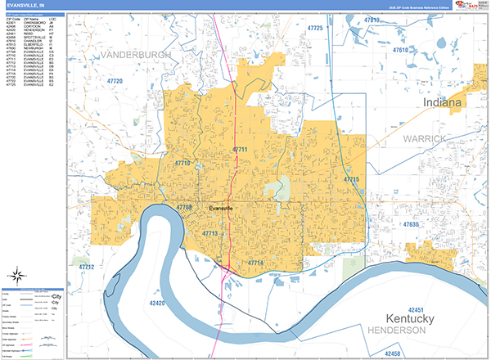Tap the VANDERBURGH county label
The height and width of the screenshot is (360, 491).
click(x=137, y=54)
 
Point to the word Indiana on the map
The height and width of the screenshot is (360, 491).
click(x=442, y=104)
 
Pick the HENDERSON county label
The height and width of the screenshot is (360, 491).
click(x=398, y=331)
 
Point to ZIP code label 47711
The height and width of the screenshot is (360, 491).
click(x=240, y=150)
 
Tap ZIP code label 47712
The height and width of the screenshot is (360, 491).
click(x=86, y=268)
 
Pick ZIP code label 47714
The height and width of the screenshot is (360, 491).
click(x=257, y=262)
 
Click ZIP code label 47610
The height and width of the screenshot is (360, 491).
click(x=401, y=51)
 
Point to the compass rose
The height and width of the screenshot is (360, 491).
click(x=19, y=275)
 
